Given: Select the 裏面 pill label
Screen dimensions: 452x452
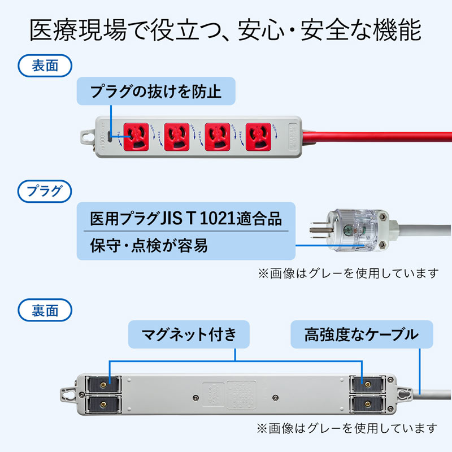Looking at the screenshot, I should click(45, 310).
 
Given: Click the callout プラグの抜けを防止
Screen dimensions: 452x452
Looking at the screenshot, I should click(155, 92).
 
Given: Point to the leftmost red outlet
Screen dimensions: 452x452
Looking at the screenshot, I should click(136, 136).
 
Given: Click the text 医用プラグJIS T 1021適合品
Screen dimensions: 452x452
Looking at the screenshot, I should click(185, 218).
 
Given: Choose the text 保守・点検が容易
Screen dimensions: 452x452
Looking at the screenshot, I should click(149, 246).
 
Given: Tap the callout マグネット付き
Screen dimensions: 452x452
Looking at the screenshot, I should click(189, 334).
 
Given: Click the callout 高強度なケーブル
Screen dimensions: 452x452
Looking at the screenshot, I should click(361, 334).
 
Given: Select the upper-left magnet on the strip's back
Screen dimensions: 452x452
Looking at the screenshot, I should click(102, 385).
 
